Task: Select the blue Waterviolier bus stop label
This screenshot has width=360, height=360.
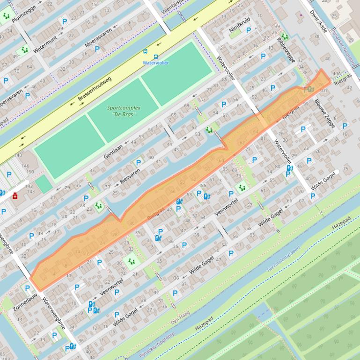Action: tap(156, 63)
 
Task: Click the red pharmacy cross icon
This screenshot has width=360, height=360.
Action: tap(15, 196)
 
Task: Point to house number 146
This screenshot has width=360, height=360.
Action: tap(25, 166)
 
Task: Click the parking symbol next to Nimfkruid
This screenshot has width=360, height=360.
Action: tap(249, 30)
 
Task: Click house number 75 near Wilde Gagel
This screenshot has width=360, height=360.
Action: tap(345, 169)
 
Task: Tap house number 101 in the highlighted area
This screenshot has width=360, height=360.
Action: tap(323, 90)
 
